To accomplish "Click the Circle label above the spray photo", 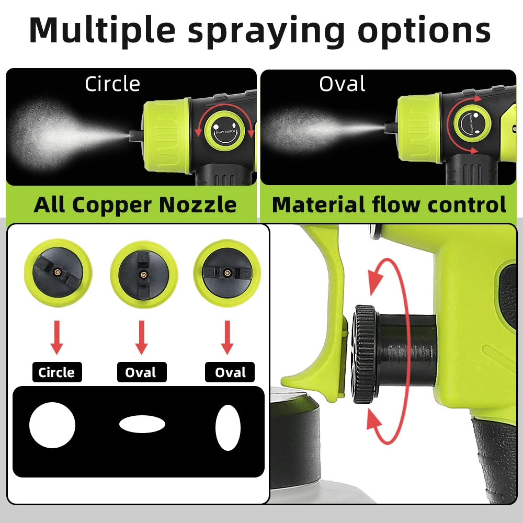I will pos(112,84).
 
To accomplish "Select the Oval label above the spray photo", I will pos(342,84).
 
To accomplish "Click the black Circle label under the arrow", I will pos(56,372).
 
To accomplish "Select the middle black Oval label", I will pos(141,372).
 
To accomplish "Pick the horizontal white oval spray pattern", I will pos(142,424).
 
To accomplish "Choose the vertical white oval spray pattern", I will pos(228,427).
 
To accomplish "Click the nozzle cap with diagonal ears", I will pos(58,272).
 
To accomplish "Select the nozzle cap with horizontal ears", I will pos(227,272).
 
